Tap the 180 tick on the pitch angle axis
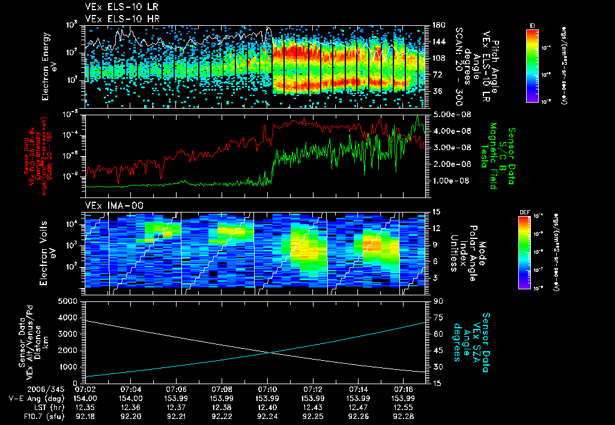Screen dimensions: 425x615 click(438, 25)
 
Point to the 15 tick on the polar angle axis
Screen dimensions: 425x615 click(436, 211)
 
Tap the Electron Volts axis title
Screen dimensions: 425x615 click(49, 250)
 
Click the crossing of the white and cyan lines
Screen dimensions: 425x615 click(272, 353)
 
